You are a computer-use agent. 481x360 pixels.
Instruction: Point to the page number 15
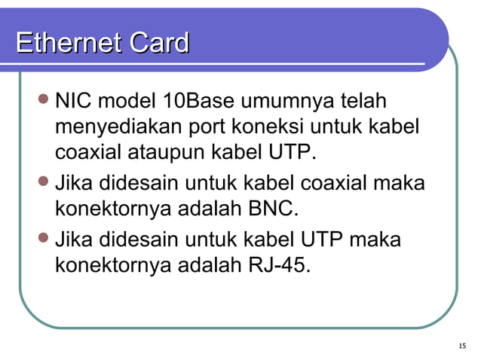(461, 346)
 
